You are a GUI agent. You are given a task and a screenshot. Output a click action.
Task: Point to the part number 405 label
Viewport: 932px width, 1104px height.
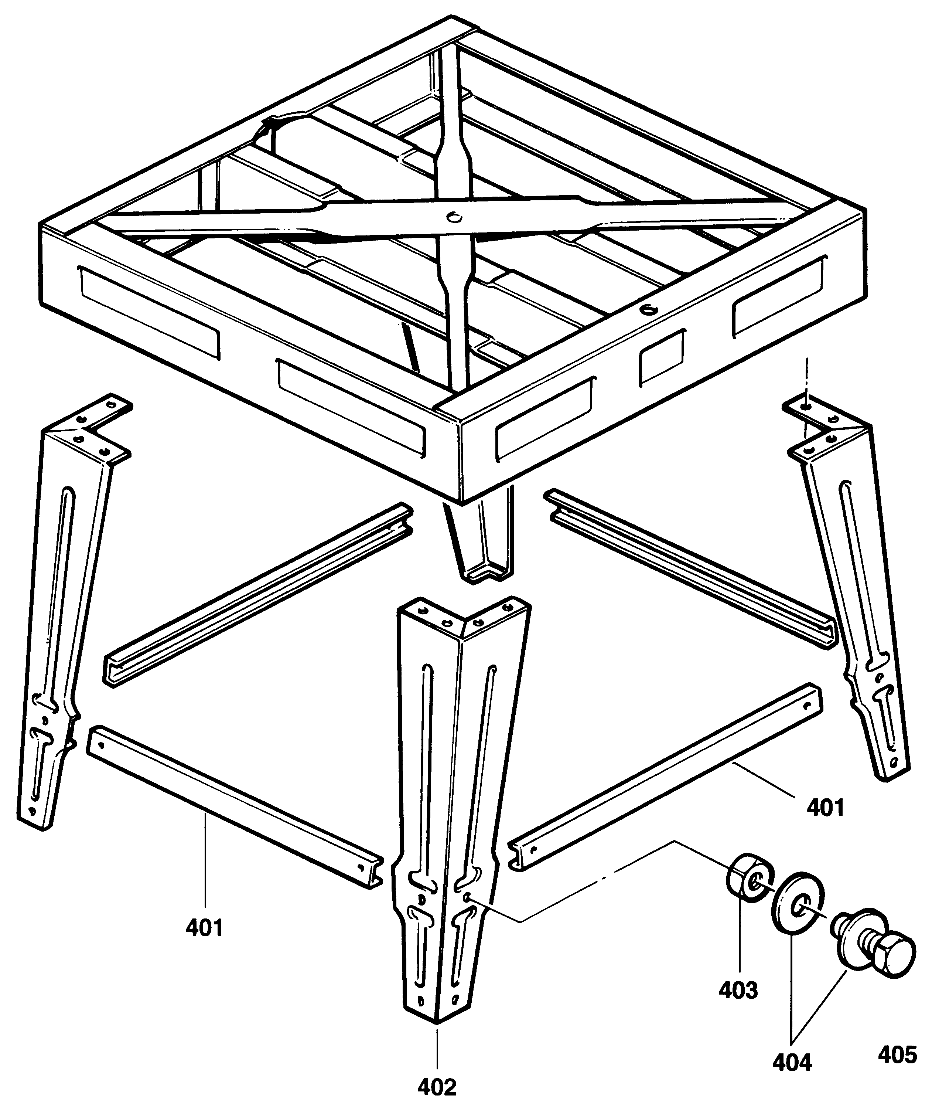(x=897, y=1040)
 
